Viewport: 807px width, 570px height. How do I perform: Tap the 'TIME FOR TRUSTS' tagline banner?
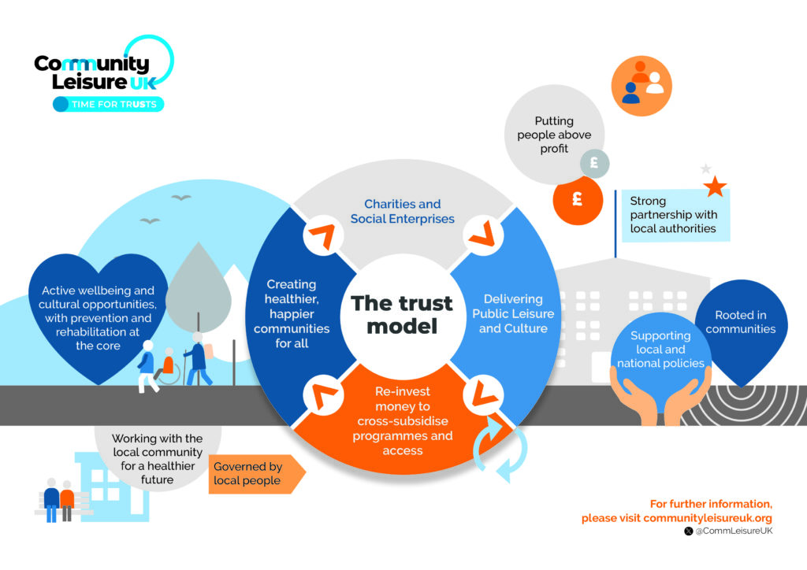pos(109,104)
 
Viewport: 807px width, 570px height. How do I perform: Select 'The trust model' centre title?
pos(402,314)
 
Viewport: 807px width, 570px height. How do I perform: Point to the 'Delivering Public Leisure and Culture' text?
pos(513,313)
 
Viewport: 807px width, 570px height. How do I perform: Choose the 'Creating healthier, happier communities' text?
pos(291,313)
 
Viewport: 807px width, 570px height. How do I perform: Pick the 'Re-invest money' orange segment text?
pos(403,421)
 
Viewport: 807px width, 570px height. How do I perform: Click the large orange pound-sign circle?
pos(577,200)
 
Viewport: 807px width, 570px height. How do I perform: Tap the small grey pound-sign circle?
pos(594,164)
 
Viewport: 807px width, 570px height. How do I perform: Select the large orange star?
pos(715,187)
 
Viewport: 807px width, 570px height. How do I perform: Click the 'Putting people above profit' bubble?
pos(554,135)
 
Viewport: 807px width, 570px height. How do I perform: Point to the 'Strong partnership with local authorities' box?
pos(674,215)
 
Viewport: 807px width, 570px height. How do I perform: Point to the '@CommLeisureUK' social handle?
pos(733,532)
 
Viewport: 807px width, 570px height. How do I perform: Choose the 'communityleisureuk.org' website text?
pos(707,518)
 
